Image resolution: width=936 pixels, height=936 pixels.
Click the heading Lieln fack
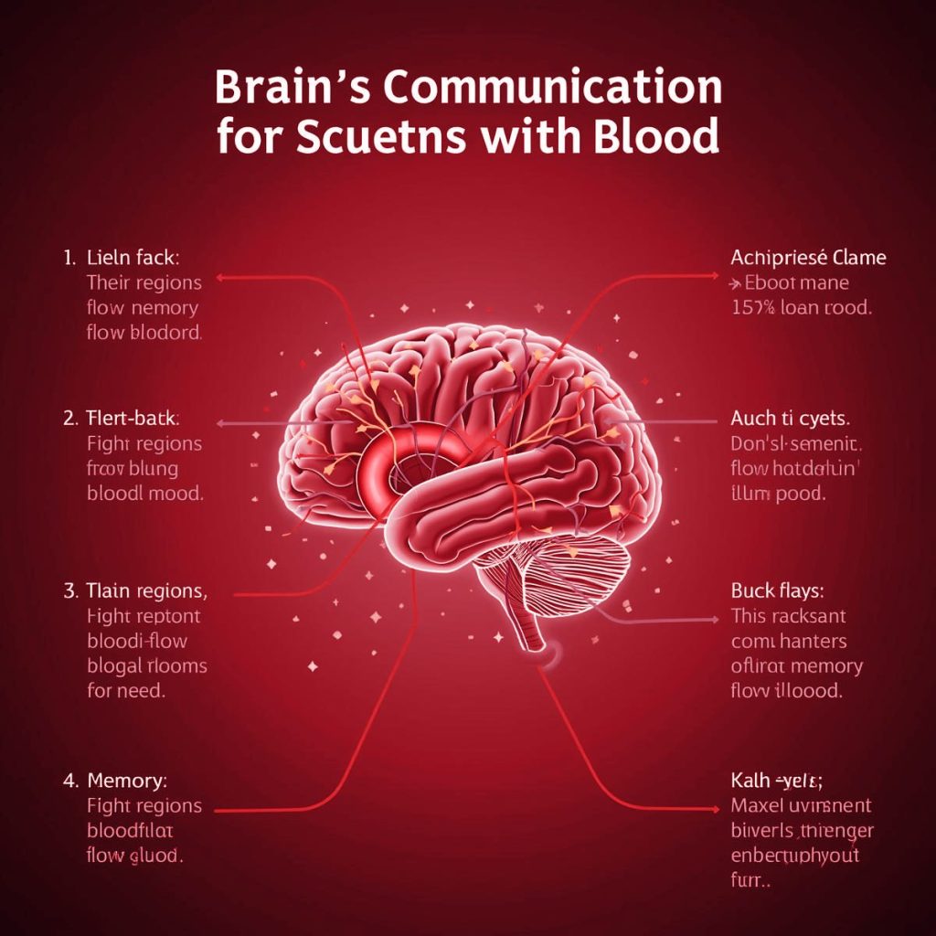point(133,258)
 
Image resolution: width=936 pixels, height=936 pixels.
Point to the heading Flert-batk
point(133,420)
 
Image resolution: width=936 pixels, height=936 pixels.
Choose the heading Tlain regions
point(147,591)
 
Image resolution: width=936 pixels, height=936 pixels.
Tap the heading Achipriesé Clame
point(808,258)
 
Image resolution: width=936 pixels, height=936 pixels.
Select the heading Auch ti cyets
point(790,420)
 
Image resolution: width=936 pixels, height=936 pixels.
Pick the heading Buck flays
point(779,591)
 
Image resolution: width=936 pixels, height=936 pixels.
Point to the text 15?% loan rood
point(802,308)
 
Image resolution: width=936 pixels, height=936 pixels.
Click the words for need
point(126,690)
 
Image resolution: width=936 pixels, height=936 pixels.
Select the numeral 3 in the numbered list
point(70,591)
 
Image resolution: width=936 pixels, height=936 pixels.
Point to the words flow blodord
point(144,333)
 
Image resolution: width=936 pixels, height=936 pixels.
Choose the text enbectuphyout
point(795,857)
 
